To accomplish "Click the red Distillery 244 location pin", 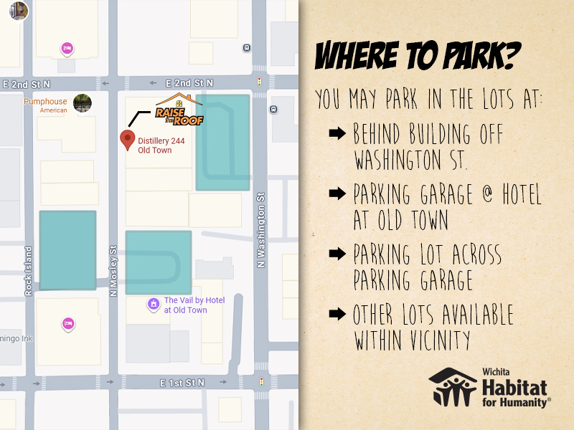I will pyautogui.click(x=128, y=140).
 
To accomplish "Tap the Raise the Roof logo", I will pyautogui.click(x=179, y=111).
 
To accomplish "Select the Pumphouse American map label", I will pyautogui.click(x=45, y=105).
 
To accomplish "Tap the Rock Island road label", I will pyautogui.click(x=29, y=271).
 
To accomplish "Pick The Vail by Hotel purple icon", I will pyautogui.click(x=153, y=305).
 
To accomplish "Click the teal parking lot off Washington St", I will pyautogui.click(x=222, y=142).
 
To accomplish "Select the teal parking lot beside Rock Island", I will pyautogui.click(x=67, y=250).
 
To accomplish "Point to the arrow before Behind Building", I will pyautogui.click(x=337, y=134).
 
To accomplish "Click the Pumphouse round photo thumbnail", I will pyautogui.click(x=83, y=103).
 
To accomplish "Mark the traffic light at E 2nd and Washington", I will pyautogui.click(x=260, y=82).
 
